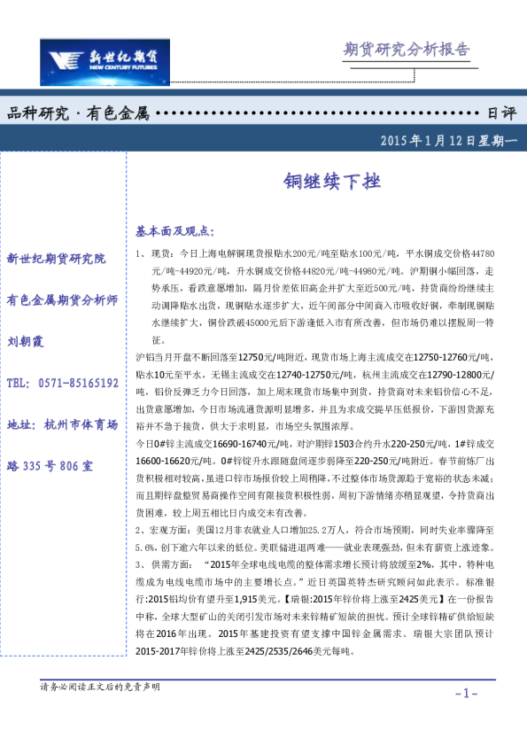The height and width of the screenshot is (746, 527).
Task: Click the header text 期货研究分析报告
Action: click(407, 50)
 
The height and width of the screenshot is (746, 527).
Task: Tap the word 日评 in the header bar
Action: click(501, 113)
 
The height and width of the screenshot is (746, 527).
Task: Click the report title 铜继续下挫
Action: click(320, 182)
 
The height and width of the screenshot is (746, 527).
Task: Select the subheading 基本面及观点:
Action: click(174, 230)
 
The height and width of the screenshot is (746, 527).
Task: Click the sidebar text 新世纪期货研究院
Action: click(56, 259)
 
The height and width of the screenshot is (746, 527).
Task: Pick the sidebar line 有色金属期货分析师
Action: click(62, 299)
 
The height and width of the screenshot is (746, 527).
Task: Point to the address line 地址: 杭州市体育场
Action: click(62, 424)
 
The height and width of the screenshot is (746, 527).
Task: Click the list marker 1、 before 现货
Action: click(142, 253)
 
